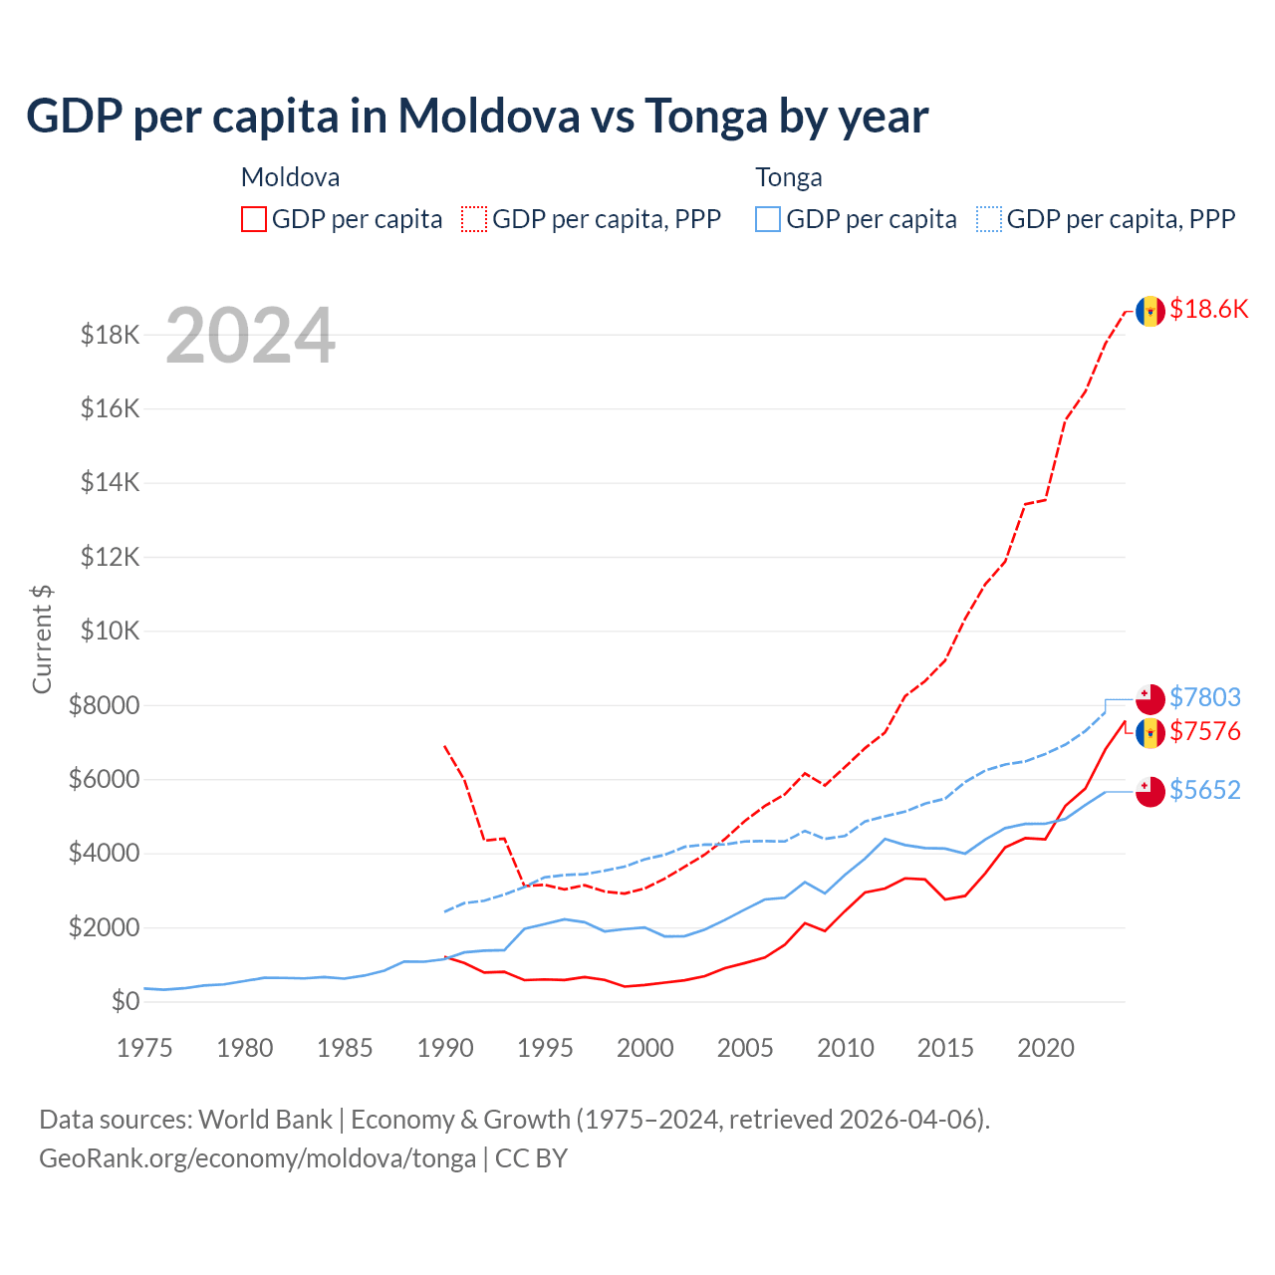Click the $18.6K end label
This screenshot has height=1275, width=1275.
[1208, 310]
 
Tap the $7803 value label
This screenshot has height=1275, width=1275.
[1205, 697]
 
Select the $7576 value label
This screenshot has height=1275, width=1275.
[1205, 732]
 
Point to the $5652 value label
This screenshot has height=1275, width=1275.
[1205, 790]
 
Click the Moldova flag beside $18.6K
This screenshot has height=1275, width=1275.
[1150, 311]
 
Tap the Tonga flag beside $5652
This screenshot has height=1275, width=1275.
[1150, 791]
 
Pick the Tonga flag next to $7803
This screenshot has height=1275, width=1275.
[1150, 698]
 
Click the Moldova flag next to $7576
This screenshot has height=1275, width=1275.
[1150, 733]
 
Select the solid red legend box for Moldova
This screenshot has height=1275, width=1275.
[254, 219]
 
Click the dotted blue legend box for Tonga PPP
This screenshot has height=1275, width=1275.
[989, 219]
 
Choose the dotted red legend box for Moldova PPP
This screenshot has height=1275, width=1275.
[475, 219]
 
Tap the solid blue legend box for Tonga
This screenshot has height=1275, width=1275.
[768, 219]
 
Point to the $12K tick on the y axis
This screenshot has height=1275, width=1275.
[111, 557]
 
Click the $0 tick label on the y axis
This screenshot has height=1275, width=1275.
[126, 1001]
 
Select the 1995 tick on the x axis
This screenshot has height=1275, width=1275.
[545, 1048]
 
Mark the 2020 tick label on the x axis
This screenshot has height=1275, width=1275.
[1046, 1048]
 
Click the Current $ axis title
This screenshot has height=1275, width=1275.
[42, 638]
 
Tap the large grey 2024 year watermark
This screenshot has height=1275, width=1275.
[250, 336]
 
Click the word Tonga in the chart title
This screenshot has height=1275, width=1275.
[706, 117]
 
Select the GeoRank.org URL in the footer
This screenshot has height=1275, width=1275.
[257, 1158]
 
